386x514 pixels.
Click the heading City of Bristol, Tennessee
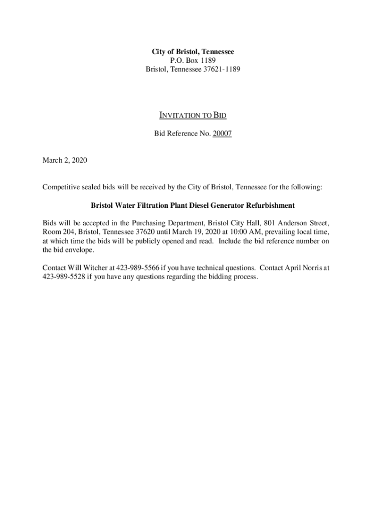click(x=193, y=52)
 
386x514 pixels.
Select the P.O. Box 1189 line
click(x=193, y=61)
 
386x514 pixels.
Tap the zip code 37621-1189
click(x=222, y=70)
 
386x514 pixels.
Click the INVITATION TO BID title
click(x=193, y=116)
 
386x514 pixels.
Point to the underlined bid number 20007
click(x=222, y=134)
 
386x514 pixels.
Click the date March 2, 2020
click(x=65, y=161)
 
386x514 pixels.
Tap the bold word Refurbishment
click(x=268, y=205)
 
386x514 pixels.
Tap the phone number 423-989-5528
click(x=64, y=277)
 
